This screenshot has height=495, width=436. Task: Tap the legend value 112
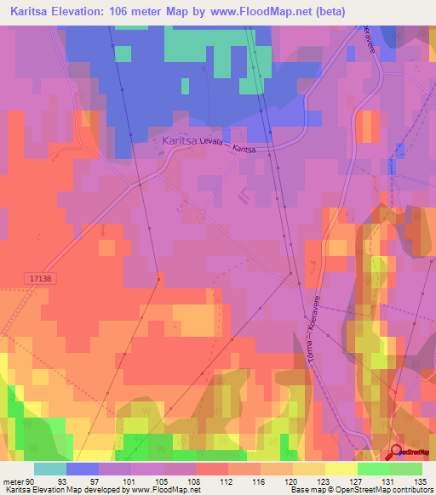[x=212, y=480]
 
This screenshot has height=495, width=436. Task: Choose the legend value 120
[x=278, y=480]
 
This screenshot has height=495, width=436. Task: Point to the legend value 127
[x=342, y=480]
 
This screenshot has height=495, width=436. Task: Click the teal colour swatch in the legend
[x=50, y=469]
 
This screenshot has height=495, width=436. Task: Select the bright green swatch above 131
[x=373, y=469]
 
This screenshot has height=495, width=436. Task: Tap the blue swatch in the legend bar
[x=83, y=469]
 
